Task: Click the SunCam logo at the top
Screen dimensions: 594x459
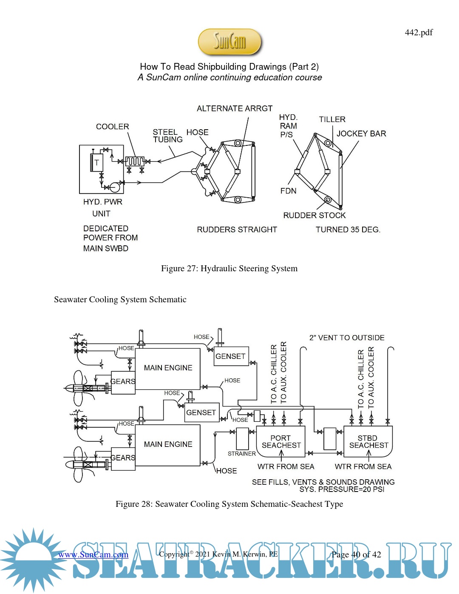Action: [229, 42]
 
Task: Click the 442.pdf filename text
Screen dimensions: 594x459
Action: [418, 32]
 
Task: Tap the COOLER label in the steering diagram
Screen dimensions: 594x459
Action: [112, 127]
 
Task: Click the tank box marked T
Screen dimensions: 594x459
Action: [96, 162]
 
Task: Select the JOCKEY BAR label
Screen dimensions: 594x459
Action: [361, 134]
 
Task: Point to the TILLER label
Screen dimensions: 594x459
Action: [332, 119]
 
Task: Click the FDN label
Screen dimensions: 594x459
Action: [288, 191]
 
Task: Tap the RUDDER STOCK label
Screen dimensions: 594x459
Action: [314, 215]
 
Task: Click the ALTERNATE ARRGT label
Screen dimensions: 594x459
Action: [235, 108]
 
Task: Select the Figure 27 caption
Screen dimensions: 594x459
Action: [229, 268]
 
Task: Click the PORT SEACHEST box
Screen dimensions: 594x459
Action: [281, 442]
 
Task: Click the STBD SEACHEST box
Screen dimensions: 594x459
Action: [368, 442]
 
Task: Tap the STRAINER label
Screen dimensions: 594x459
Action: [241, 454]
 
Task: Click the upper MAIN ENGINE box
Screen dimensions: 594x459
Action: [168, 368]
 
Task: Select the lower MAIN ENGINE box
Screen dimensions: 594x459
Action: [168, 444]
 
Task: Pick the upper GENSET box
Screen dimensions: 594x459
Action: [230, 356]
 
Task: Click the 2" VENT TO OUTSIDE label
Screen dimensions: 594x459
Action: [347, 338]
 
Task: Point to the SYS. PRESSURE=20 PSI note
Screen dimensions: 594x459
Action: [342, 489]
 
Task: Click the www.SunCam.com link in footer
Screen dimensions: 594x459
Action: [93, 554]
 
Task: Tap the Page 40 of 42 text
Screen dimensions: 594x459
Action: [356, 554]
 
